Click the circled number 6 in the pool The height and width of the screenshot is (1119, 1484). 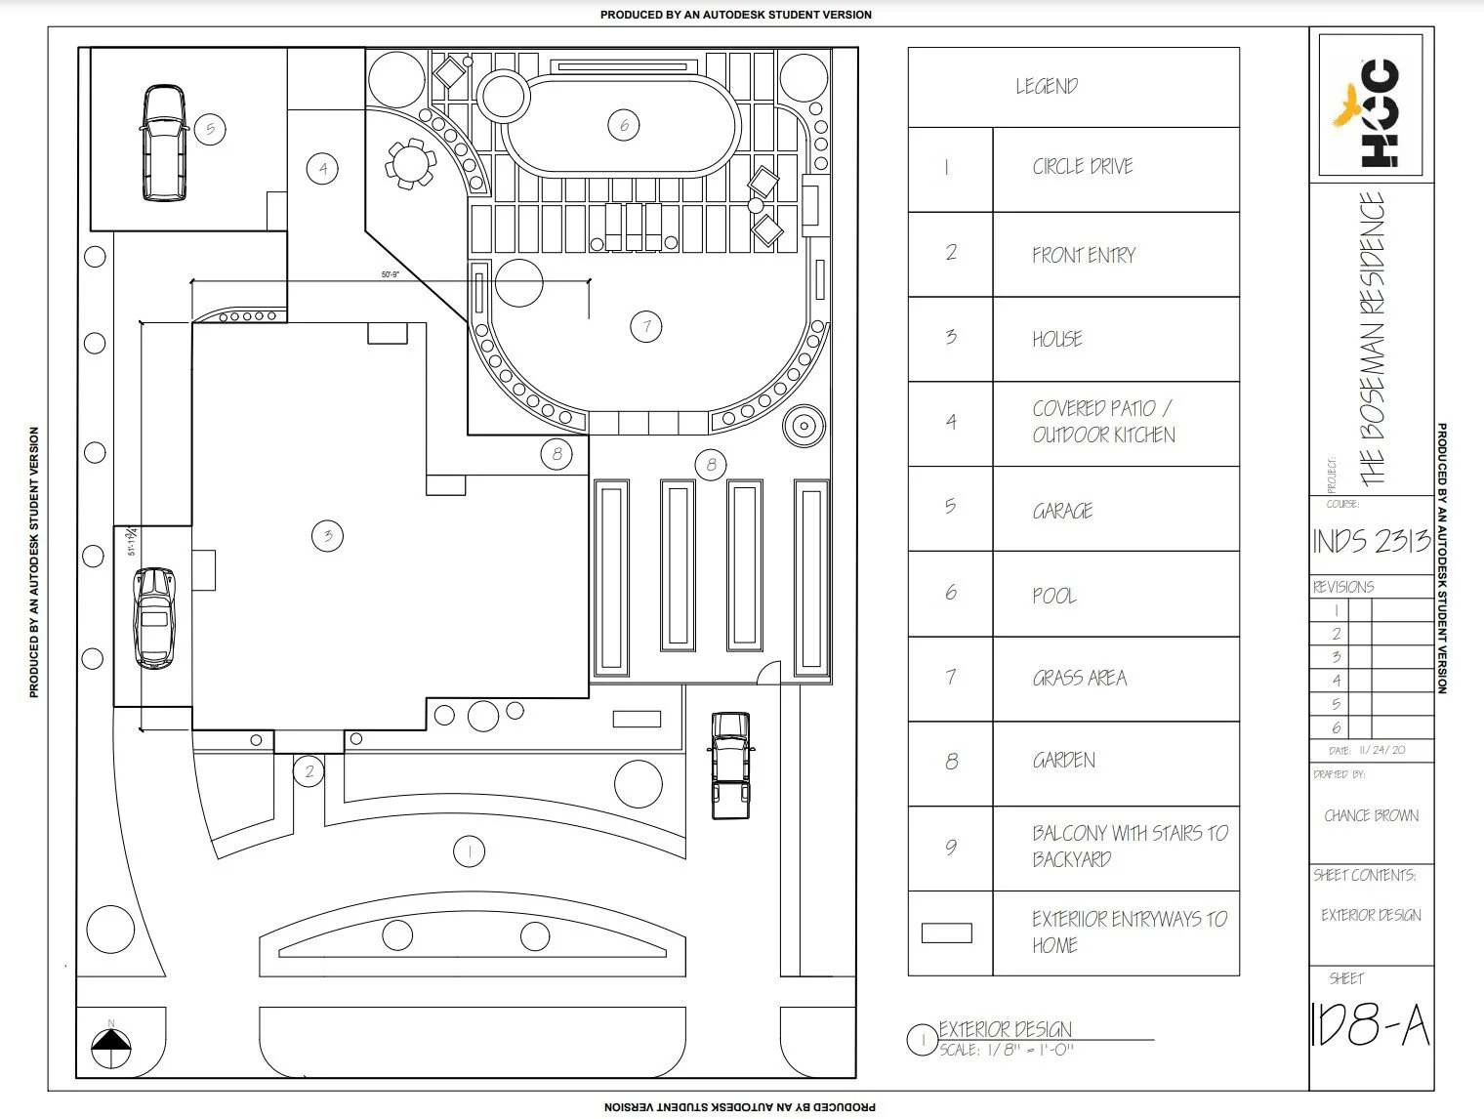624,124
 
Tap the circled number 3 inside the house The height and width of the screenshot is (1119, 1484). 327,535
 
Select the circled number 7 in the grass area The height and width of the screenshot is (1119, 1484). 645,326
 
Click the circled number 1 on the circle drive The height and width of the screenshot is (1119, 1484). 470,851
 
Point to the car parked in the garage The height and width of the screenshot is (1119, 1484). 164,143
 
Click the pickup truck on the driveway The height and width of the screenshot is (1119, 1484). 730,764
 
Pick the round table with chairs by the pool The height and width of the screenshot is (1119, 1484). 409,164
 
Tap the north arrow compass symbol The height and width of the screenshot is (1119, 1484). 111,1048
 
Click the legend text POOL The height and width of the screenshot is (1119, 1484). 1054,595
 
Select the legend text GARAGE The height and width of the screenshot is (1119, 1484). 1062,511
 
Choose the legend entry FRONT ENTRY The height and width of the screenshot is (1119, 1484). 1084,255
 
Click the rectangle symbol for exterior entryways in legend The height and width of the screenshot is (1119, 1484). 947,932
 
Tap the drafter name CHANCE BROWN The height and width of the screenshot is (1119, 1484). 1371,815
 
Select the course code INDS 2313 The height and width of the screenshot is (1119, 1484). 1371,541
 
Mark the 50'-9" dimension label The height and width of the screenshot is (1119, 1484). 391,275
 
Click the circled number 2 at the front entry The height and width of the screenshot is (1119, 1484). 309,772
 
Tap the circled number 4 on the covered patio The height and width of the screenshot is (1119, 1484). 322,169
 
